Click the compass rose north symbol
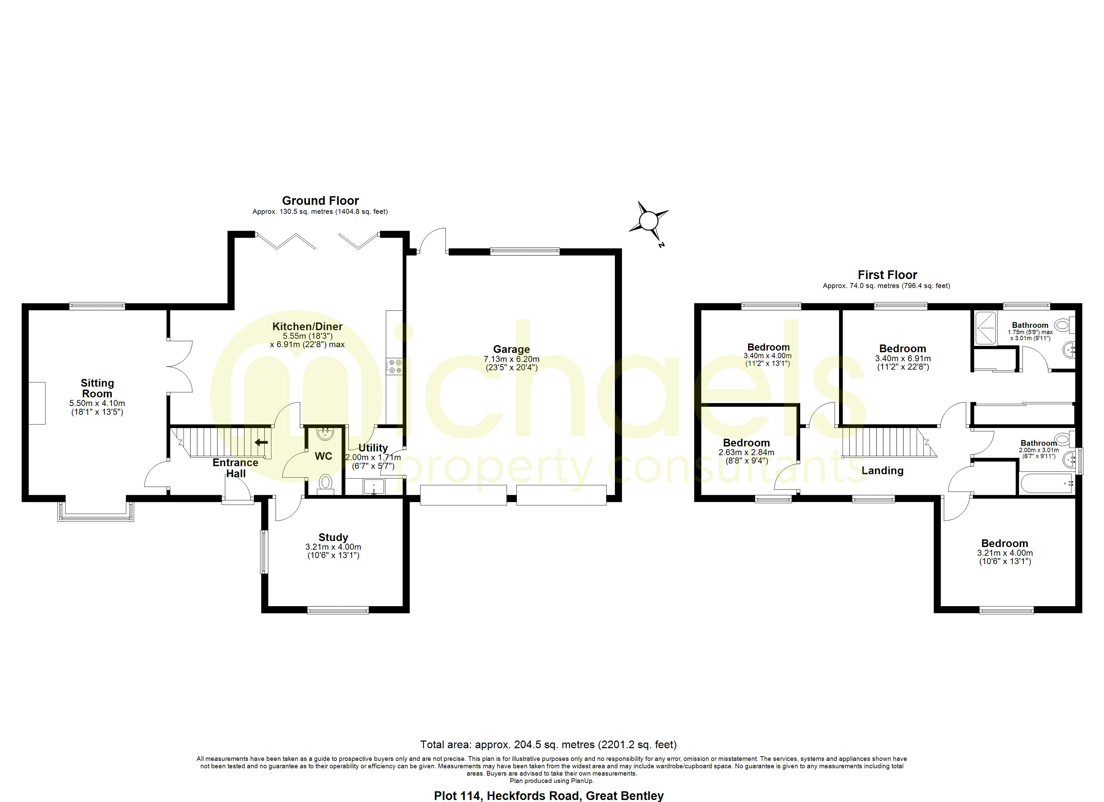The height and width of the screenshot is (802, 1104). [648, 222]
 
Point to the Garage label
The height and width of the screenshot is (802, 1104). [511, 349]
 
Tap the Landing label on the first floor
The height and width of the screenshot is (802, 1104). [882, 471]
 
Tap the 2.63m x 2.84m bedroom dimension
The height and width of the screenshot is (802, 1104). [746, 452]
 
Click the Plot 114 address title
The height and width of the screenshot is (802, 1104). [549, 796]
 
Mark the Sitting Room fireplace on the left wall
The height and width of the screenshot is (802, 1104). [37, 403]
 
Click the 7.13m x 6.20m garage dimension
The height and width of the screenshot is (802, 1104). [511, 359]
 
